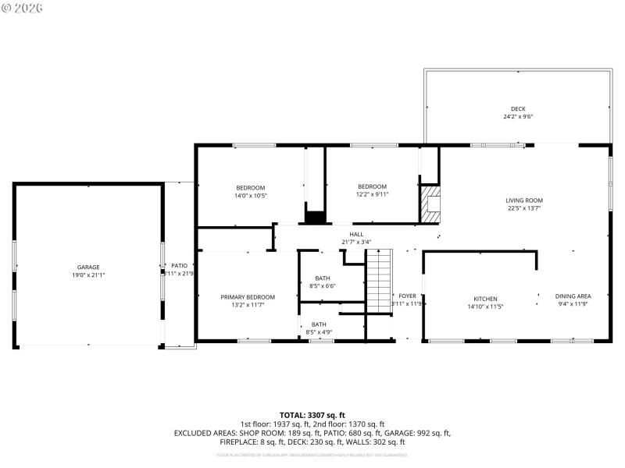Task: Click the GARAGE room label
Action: click(x=88, y=267)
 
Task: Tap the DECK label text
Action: click(x=518, y=108)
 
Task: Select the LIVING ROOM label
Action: click(x=523, y=200)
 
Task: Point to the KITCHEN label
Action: click(x=485, y=299)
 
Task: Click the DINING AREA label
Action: click(x=573, y=296)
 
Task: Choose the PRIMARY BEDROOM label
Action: click(x=248, y=297)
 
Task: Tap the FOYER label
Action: click(x=407, y=296)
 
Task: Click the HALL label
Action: click(x=356, y=234)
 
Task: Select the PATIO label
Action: click(x=180, y=266)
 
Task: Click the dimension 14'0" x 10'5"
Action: click(x=251, y=195)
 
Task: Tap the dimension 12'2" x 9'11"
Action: click(x=372, y=194)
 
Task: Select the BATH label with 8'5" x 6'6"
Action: click(x=323, y=278)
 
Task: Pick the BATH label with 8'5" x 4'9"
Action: click(x=319, y=324)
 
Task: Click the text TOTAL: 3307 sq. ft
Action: click(x=312, y=415)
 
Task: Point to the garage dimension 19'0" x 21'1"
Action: click(x=88, y=275)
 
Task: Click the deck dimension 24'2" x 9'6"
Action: click(x=518, y=117)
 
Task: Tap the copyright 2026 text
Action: click(x=23, y=8)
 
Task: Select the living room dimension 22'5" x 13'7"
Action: click(x=523, y=208)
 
